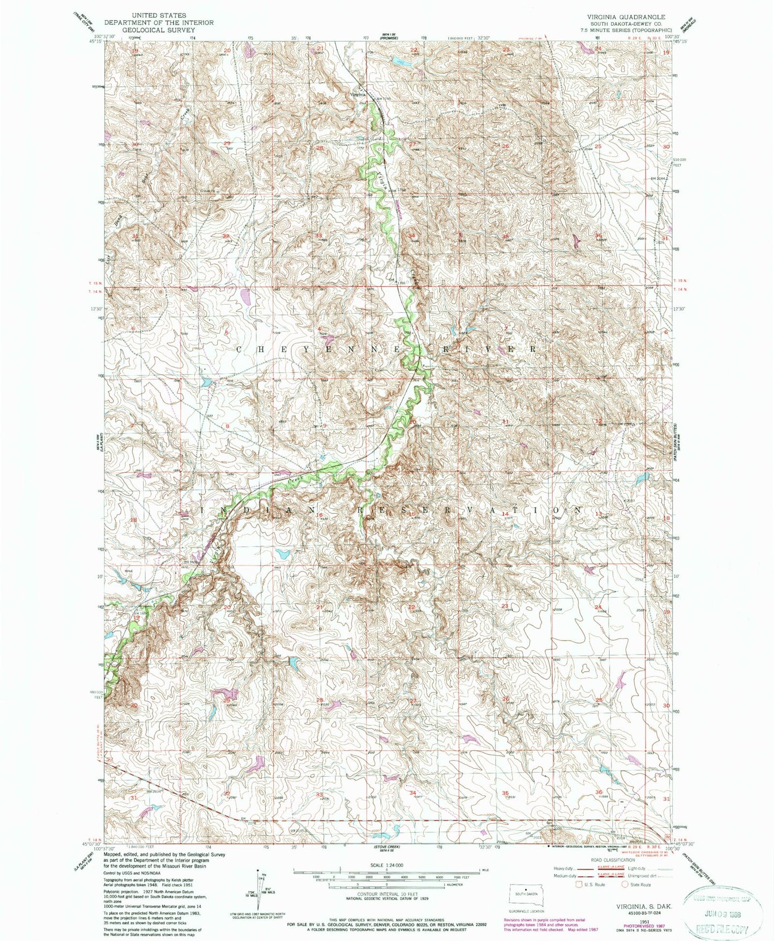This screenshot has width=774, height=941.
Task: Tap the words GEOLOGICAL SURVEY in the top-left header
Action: click(x=159, y=29)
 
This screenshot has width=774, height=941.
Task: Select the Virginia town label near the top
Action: click(x=358, y=94)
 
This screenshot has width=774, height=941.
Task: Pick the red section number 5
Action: click(x=227, y=333)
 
